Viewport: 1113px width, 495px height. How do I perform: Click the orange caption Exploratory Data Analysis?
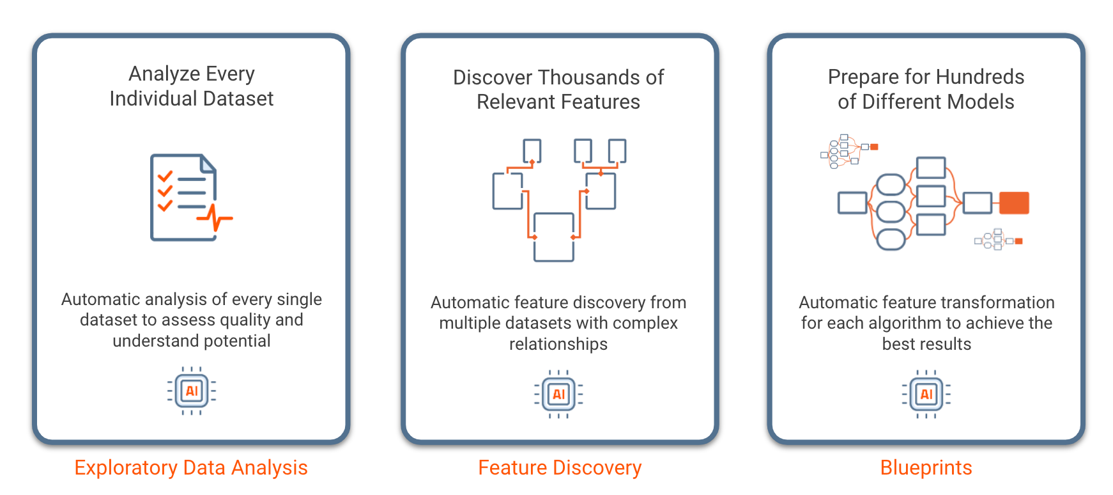point(191,467)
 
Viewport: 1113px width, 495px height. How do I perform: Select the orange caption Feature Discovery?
point(560,467)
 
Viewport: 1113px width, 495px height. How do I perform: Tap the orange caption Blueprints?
point(926,467)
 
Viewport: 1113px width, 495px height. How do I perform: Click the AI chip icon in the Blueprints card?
point(926,394)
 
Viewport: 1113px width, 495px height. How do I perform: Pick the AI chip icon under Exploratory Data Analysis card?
point(192,391)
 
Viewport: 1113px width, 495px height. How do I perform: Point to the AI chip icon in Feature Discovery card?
point(558,394)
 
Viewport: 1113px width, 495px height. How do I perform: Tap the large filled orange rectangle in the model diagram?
point(1014,203)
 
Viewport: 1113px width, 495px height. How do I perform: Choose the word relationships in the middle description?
point(558,344)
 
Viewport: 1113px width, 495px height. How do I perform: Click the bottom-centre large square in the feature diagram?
point(553,237)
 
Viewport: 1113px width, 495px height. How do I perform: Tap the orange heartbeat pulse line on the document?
point(215,219)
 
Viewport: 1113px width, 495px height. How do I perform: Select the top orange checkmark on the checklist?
point(165,175)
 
